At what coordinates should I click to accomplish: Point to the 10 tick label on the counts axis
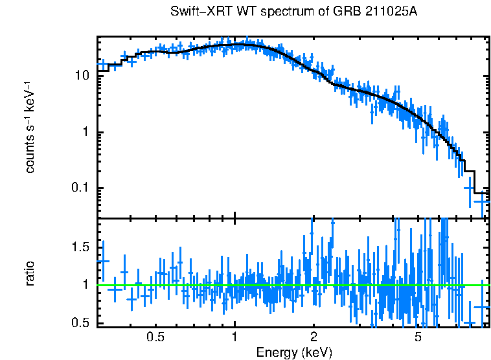82,76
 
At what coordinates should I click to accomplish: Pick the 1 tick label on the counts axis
86,132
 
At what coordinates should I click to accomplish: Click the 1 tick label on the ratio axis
86,284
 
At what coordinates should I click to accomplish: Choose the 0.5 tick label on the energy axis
155,337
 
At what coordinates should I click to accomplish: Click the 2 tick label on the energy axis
314,337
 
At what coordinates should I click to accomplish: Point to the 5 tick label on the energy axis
418,337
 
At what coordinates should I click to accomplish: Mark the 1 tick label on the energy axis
234,337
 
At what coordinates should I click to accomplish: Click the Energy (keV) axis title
294,352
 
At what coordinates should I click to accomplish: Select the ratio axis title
30,273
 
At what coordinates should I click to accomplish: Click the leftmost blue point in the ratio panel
102,261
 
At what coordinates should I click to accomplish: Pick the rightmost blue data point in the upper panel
483,201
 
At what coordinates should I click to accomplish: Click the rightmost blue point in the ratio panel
483,307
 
